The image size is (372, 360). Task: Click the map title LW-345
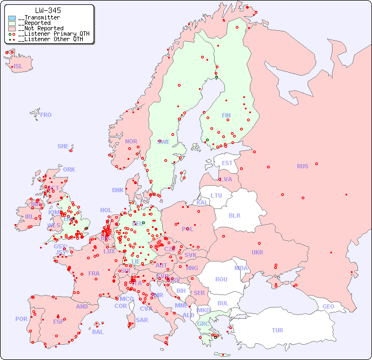point(48,10)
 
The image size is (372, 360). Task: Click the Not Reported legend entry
point(40,28)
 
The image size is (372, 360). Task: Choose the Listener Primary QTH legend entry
point(49,34)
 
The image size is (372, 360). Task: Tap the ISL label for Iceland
point(18,67)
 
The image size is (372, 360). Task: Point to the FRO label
point(46,115)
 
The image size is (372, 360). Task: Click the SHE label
point(63,146)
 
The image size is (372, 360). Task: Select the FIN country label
point(226,115)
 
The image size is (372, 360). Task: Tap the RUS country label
point(302,166)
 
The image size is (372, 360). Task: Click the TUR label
point(277,330)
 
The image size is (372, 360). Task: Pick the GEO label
point(328,306)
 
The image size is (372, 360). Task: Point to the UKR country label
point(257,252)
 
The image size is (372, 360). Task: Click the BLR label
point(235,215)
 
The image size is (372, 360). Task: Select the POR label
point(21,319)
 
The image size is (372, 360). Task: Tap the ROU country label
point(221,279)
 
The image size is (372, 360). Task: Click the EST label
point(227,163)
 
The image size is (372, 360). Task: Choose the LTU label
point(216,195)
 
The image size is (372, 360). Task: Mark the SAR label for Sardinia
point(142,320)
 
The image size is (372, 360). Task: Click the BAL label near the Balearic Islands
point(98,332)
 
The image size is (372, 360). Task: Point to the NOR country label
point(131,141)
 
